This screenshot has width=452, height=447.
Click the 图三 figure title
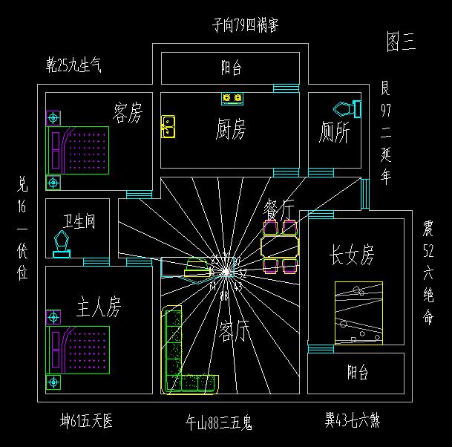[x=402, y=42]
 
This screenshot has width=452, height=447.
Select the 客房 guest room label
[x=127, y=113]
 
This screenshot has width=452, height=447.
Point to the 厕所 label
[x=334, y=133]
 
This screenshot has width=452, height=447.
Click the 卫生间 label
[x=79, y=222]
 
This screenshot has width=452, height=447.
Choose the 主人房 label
[x=99, y=305]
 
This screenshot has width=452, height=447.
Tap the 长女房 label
[x=352, y=255]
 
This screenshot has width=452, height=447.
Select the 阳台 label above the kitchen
[x=231, y=68]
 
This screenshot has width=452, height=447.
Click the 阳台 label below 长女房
[x=357, y=372]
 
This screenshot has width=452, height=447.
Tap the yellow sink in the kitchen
[x=168, y=126]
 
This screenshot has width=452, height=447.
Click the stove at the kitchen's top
[x=232, y=97]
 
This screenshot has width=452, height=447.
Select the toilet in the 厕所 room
[x=347, y=109]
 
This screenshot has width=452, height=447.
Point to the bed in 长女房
[x=358, y=313]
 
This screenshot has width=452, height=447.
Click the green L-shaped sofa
[x=178, y=356]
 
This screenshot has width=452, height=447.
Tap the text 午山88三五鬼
[x=219, y=423]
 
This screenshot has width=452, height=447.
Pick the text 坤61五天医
[x=87, y=422]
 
